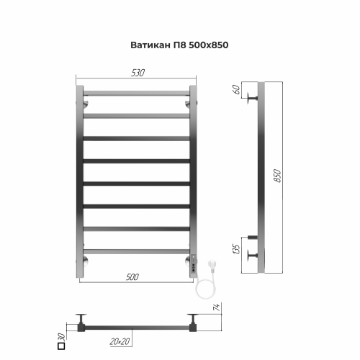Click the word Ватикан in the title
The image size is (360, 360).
(146, 43)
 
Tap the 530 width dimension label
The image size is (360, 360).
(137, 72)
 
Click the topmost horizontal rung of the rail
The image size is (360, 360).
(136, 93)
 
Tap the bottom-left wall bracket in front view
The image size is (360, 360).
(85, 260)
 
